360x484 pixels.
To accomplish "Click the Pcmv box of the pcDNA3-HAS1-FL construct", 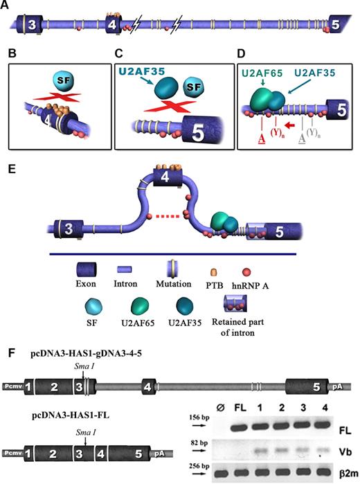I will [13, 454].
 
